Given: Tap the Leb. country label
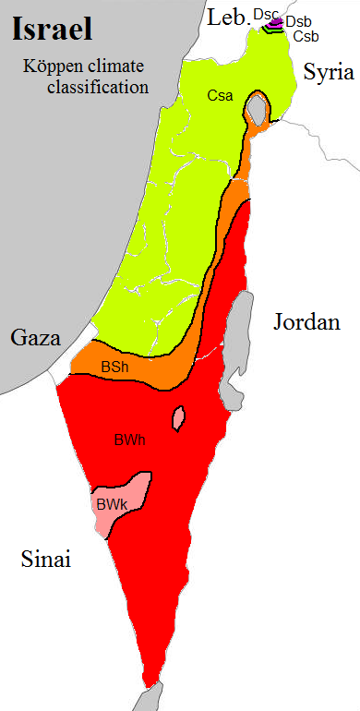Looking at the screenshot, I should [225, 17].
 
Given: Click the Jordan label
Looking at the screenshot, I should [306, 322].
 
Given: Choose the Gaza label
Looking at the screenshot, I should [35, 337].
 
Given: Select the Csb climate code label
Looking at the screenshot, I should [306, 36].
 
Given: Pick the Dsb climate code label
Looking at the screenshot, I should [297, 21].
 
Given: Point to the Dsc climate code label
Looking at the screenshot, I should [265, 14].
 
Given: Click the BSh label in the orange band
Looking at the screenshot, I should [114, 368].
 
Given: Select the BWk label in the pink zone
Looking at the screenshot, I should [110, 505].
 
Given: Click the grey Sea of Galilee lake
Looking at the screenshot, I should [258, 112].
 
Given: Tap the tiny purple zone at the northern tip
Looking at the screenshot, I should [273, 23].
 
